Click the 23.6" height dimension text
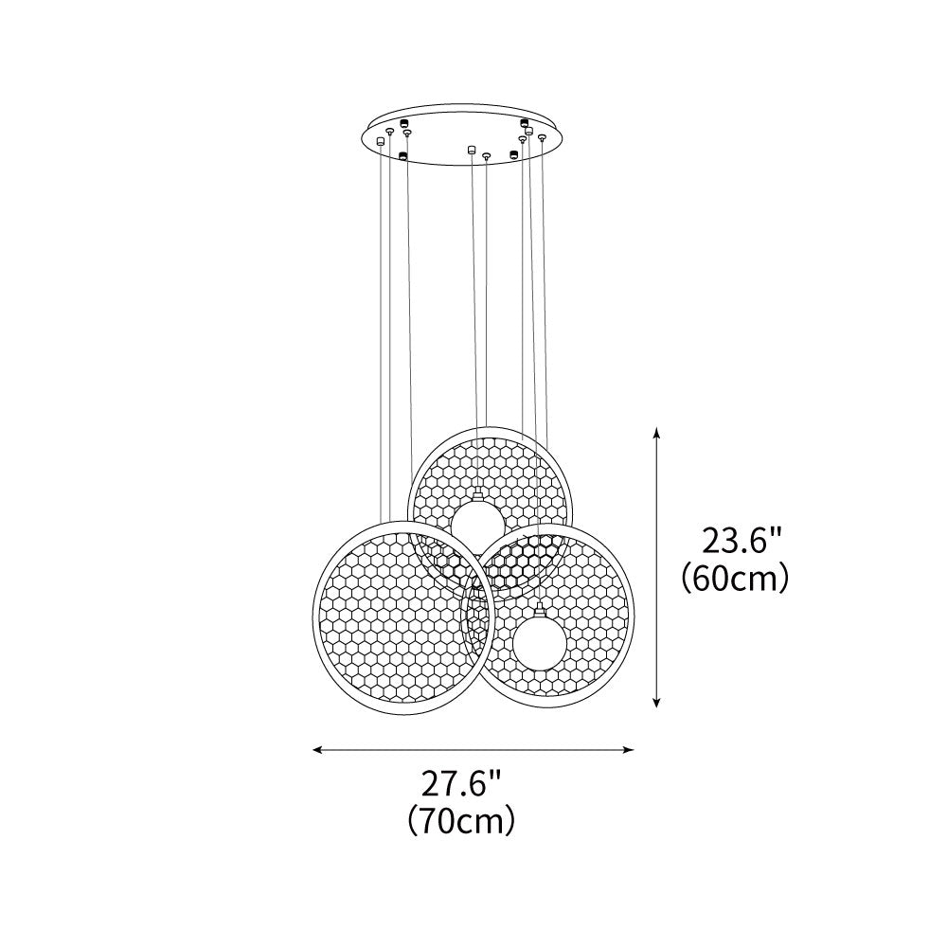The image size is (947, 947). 742,541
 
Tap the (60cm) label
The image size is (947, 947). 735,580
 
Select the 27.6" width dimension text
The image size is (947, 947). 461,784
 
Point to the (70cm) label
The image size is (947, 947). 461,819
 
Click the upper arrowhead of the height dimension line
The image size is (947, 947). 656,434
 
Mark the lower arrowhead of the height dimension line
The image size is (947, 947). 656,700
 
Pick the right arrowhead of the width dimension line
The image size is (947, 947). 627,750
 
